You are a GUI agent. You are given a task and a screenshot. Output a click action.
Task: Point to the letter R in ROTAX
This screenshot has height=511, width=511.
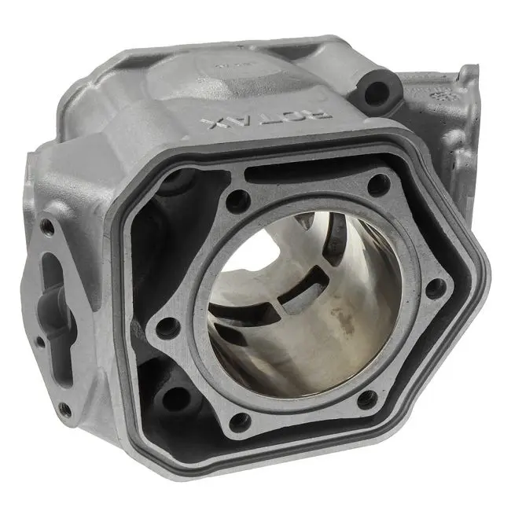(320, 115)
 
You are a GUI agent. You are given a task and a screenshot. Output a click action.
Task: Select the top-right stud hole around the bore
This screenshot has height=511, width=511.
(379, 185)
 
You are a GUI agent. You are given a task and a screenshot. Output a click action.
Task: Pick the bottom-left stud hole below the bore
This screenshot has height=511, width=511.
(241, 421)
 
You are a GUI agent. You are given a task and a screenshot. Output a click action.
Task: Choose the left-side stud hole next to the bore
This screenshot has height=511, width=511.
(167, 328)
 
